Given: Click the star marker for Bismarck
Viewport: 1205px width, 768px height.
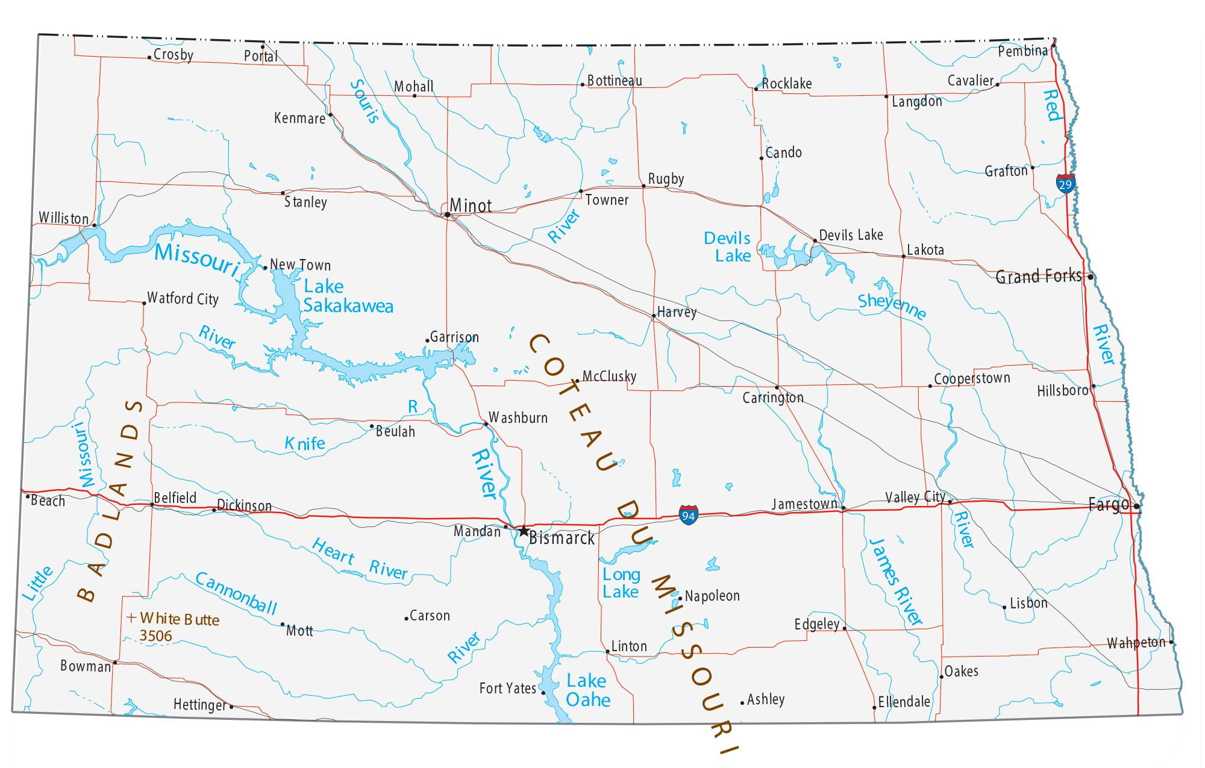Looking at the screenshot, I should click(524, 531).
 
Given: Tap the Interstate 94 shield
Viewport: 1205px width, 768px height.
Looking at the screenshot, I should click(688, 515).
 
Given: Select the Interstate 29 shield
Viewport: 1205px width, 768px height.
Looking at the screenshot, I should click(1065, 183).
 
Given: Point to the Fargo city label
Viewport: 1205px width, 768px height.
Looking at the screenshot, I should click(1108, 505).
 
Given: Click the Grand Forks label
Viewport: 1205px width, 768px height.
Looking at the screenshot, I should click(1038, 276).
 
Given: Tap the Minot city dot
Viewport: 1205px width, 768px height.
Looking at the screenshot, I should click(447, 214).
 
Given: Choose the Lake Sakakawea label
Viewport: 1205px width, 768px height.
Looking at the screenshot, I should click(347, 296).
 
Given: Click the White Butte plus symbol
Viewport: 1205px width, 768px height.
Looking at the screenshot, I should click(131, 617).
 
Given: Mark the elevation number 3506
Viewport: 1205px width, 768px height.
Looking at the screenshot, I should click(155, 635).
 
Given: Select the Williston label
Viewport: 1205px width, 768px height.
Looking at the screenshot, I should click(63, 217).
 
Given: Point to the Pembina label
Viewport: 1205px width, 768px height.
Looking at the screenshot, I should click(1022, 51).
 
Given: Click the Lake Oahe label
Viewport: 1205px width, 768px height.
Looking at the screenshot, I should click(587, 690).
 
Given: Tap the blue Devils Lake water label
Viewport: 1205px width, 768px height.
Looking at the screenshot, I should click(727, 247).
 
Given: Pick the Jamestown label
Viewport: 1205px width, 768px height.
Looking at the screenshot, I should click(804, 504).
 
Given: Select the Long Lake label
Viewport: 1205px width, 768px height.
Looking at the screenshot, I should click(621, 583).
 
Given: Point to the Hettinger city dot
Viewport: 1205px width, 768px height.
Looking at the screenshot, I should click(231, 707).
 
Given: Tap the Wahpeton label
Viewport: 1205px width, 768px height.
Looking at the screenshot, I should click(1136, 643).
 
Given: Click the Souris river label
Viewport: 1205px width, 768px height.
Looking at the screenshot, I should click(365, 101).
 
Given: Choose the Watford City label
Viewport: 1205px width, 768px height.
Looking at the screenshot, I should click(183, 298).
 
